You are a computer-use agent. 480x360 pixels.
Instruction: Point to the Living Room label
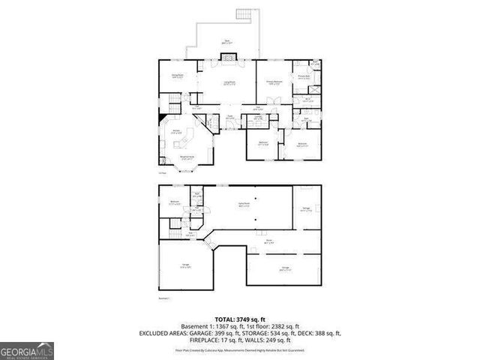[x=228, y=82]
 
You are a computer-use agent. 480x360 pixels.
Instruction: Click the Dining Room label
[x=178, y=76]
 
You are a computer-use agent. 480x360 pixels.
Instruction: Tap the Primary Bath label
[x=304, y=76]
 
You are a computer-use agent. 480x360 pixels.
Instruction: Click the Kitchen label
[x=178, y=132]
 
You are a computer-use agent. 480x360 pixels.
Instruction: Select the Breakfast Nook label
[x=186, y=157]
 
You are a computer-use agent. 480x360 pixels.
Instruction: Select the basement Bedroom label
[x=174, y=202]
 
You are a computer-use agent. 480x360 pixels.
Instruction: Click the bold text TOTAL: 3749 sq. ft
[x=240, y=319]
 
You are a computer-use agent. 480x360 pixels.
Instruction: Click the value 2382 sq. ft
[x=283, y=326]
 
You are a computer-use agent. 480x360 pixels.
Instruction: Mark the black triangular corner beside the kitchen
[x=161, y=121]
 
